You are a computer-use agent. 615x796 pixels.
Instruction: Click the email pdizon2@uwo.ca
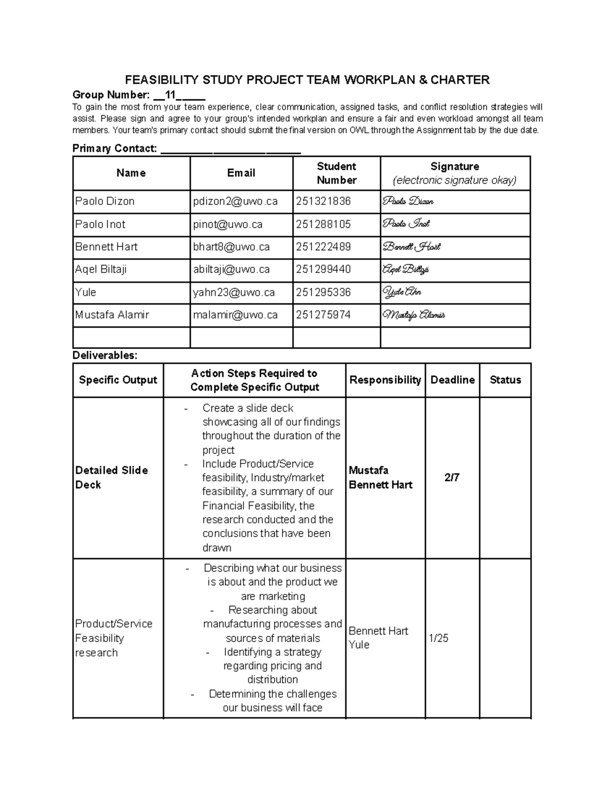[x=235, y=201]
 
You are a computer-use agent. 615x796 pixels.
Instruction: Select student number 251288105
[x=323, y=224]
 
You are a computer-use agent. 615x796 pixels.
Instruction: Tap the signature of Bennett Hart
[x=412, y=247]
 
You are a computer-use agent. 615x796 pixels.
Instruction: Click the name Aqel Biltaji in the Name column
[x=101, y=270]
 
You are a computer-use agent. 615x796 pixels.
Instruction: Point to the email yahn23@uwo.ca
[x=234, y=293]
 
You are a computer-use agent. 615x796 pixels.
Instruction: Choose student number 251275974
[x=323, y=315]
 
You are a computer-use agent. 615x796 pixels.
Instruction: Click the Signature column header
[x=455, y=173]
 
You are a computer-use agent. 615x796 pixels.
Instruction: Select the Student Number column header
[x=336, y=173]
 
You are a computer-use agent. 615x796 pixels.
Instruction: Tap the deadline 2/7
[x=452, y=478]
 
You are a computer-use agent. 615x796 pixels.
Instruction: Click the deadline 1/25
[x=439, y=638]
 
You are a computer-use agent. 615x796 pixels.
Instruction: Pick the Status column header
[x=505, y=380]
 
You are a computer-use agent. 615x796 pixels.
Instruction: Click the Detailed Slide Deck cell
[x=112, y=478]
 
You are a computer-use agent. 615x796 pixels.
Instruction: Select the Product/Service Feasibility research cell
[x=113, y=638]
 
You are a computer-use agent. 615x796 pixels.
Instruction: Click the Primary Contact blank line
[x=231, y=149]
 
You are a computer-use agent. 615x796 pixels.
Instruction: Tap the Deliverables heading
[x=105, y=355]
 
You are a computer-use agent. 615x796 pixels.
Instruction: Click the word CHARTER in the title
[x=460, y=80]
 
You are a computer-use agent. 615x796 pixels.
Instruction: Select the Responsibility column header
[x=385, y=380]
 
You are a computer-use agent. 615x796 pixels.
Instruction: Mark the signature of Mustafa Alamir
[x=414, y=315]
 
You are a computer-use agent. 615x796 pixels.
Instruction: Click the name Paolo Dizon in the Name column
[x=105, y=201]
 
